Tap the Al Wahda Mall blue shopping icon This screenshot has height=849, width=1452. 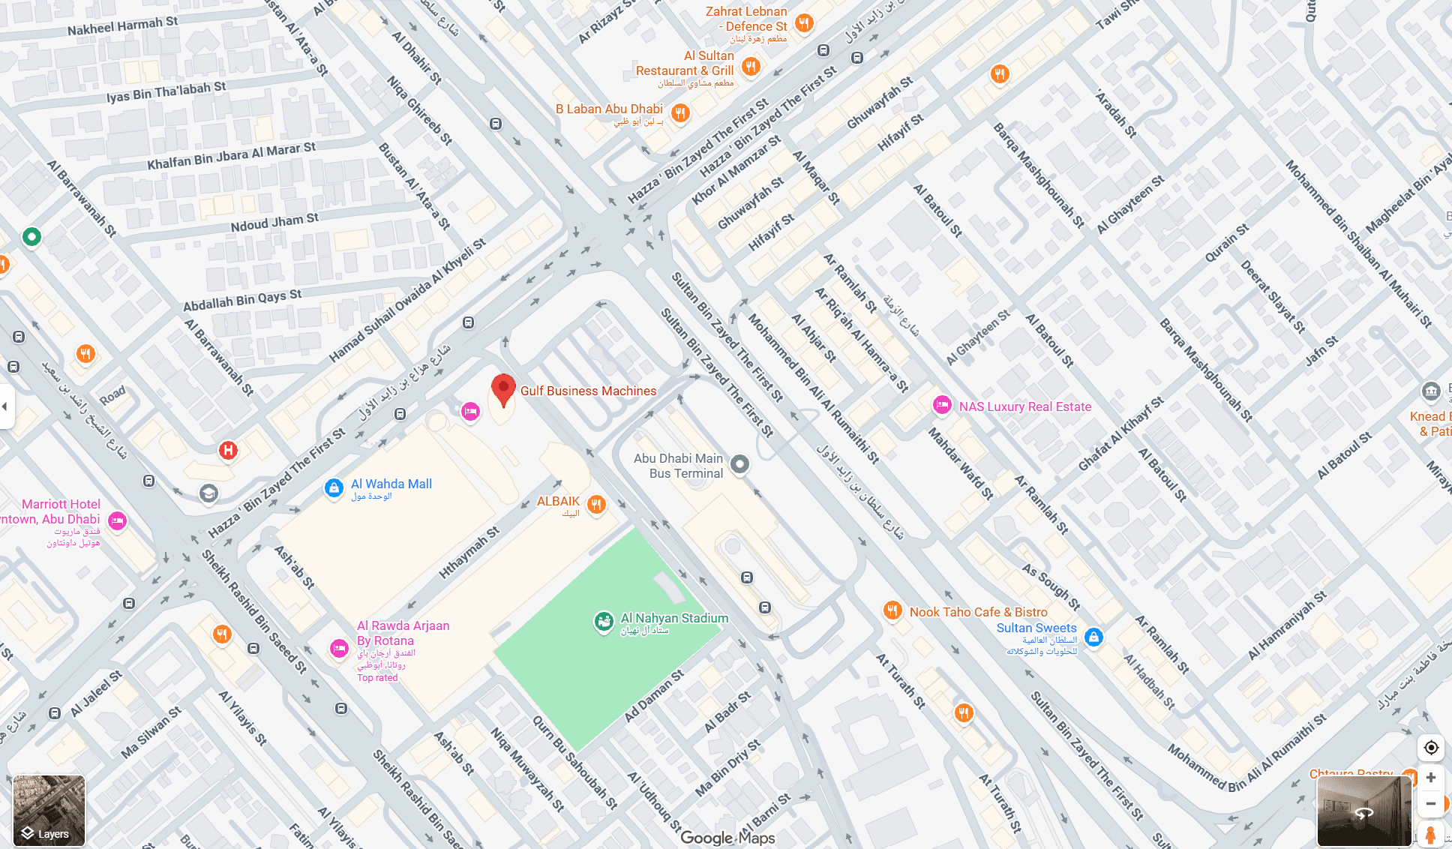click(x=334, y=488)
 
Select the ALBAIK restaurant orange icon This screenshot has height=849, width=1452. click(x=596, y=504)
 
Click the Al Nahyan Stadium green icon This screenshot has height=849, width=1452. click(x=604, y=621)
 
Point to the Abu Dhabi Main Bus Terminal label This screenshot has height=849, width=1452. click(x=679, y=466)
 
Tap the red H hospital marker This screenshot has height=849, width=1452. click(x=228, y=450)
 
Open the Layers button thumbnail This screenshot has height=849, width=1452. click(x=49, y=811)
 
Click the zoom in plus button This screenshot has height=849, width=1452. click(x=1430, y=778)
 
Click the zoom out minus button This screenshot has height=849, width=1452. click(x=1430, y=804)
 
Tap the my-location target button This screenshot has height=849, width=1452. click(x=1430, y=748)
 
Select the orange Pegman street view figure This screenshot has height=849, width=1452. click(x=1430, y=835)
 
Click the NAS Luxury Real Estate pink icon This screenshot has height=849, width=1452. click(x=942, y=405)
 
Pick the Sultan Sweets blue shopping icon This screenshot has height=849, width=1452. click(x=1093, y=637)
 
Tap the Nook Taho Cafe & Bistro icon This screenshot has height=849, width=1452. click(x=892, y=610)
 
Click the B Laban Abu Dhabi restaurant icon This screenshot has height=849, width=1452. click(x=679, y=112)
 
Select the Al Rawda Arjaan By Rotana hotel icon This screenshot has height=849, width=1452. click(x=339, y=648)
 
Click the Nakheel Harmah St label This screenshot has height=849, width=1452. click(x=123, y=26)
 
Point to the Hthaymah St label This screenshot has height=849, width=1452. click(x=469, y=553)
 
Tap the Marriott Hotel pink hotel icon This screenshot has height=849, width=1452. click(x=117, y=520)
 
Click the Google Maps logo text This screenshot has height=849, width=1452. click(x=727, y=838)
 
